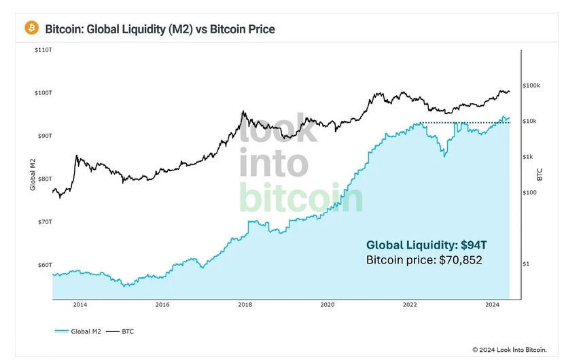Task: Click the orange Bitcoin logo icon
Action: (x=31, y=28)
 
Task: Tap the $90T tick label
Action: (x=43, y=136)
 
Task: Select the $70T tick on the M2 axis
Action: (x=43, y=222)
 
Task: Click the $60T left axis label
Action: (x=43, y=265)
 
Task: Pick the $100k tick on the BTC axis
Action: (x=531, y=86)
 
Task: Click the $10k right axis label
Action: (x=529, y=122)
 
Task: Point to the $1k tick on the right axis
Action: (x=528, y=157)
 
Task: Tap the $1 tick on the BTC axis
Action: (x=526, y=264)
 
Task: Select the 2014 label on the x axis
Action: (x=80, y=305)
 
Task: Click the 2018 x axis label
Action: (x=245, y=305)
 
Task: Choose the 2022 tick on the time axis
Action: (x=410, y=305)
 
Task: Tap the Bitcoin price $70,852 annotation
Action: (x=424, y=259)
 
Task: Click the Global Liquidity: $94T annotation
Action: (x=425, y=245)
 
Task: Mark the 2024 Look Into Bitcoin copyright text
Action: (x=510, y=349)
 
